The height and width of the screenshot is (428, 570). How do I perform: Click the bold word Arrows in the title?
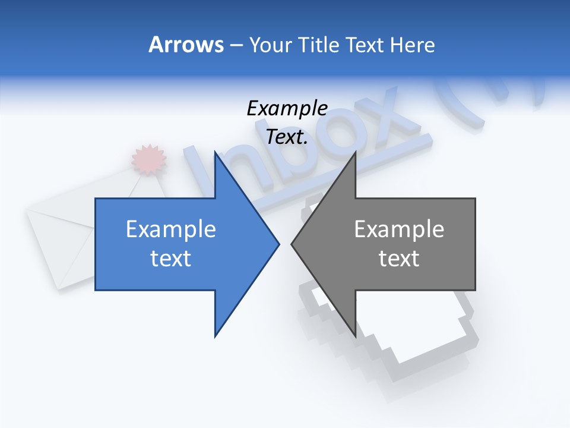point(186,45)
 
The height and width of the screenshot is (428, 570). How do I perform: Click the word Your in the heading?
point(271,45)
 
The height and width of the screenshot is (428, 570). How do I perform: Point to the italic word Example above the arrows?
point(287,108)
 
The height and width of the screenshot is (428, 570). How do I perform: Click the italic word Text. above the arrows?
point(287,137)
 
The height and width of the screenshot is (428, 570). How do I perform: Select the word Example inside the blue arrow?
point(170,229)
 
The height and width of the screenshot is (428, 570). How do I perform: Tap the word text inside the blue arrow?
point(170,258)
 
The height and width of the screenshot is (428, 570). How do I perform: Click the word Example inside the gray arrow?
point(399,229)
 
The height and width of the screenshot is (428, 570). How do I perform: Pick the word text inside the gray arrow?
point(399,258)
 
